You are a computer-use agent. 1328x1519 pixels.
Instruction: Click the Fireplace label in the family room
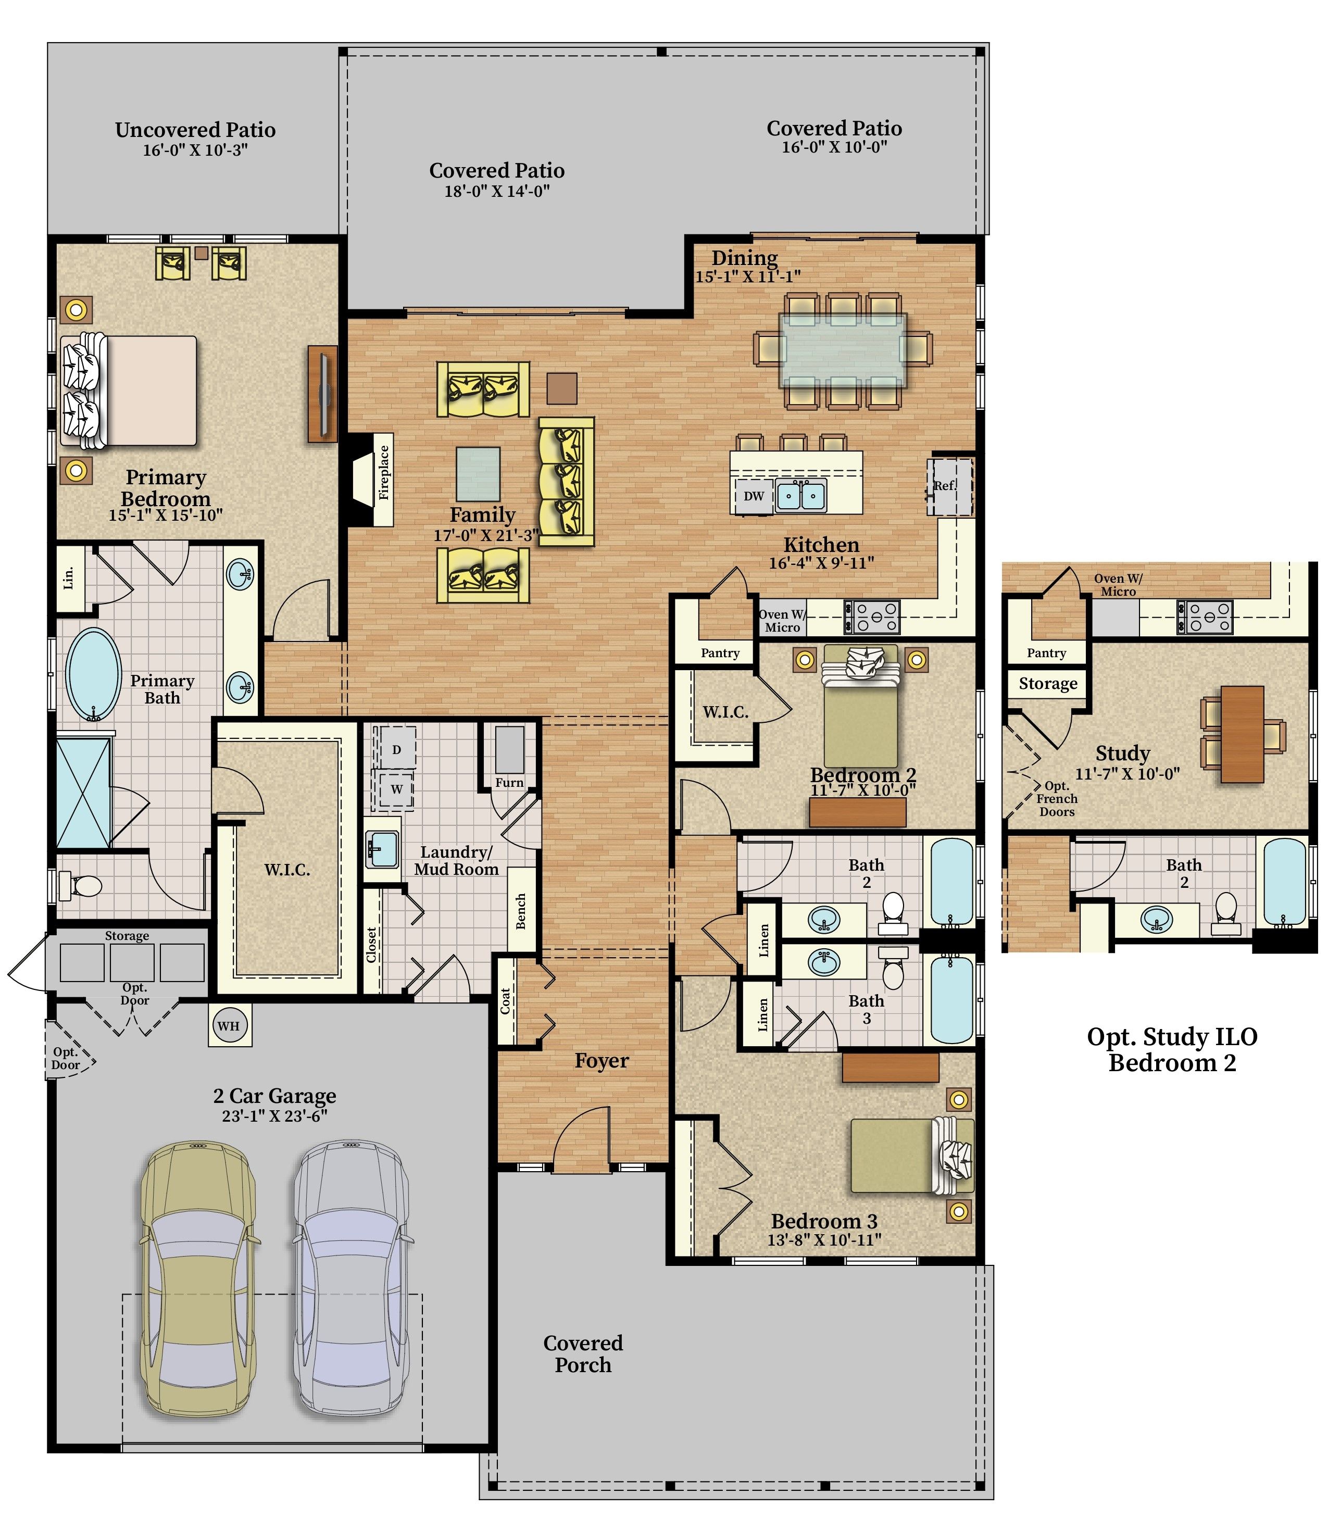[x=384, y=472]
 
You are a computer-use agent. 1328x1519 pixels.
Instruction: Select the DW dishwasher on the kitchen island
[x=754, y=496]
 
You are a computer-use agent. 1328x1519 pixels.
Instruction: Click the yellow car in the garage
[x=198, y=1269]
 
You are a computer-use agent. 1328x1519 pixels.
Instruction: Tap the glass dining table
[x=843, y=350]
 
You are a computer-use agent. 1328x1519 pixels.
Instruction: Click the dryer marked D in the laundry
[x=396, y=749]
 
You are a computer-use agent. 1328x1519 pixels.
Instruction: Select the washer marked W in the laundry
[x=396, y=789]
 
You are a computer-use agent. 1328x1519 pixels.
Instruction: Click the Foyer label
[x=602, y=1061]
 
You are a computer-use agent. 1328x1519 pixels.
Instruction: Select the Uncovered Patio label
[x=195, y=130]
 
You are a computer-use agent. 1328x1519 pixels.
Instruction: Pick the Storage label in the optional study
[x=1048, y=683]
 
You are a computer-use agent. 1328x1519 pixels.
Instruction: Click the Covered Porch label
[x=583, y=1354]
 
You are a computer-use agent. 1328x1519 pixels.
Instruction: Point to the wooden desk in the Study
[x=1243, y=734]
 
